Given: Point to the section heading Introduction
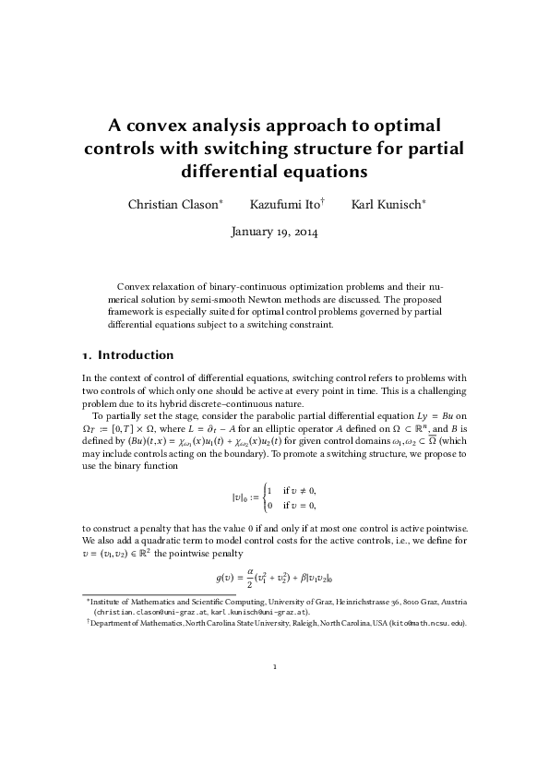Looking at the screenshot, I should [136, 354].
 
